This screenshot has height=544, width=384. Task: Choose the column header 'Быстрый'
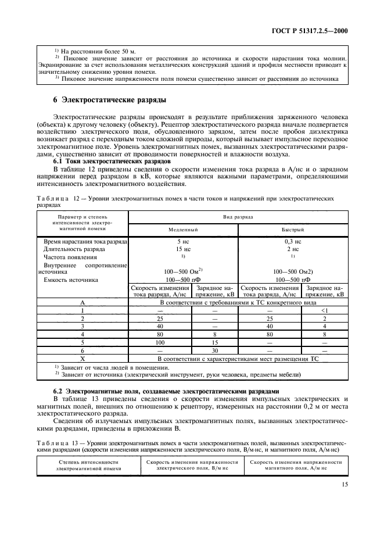[293, 230]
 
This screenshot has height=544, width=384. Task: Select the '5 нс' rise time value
[183, 241]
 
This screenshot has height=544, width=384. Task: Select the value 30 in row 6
[215, 351]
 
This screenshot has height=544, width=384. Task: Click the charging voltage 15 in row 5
[215, 343]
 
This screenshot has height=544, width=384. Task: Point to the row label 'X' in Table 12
[82, 359]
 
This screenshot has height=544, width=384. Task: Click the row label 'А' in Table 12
[82, 302]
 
